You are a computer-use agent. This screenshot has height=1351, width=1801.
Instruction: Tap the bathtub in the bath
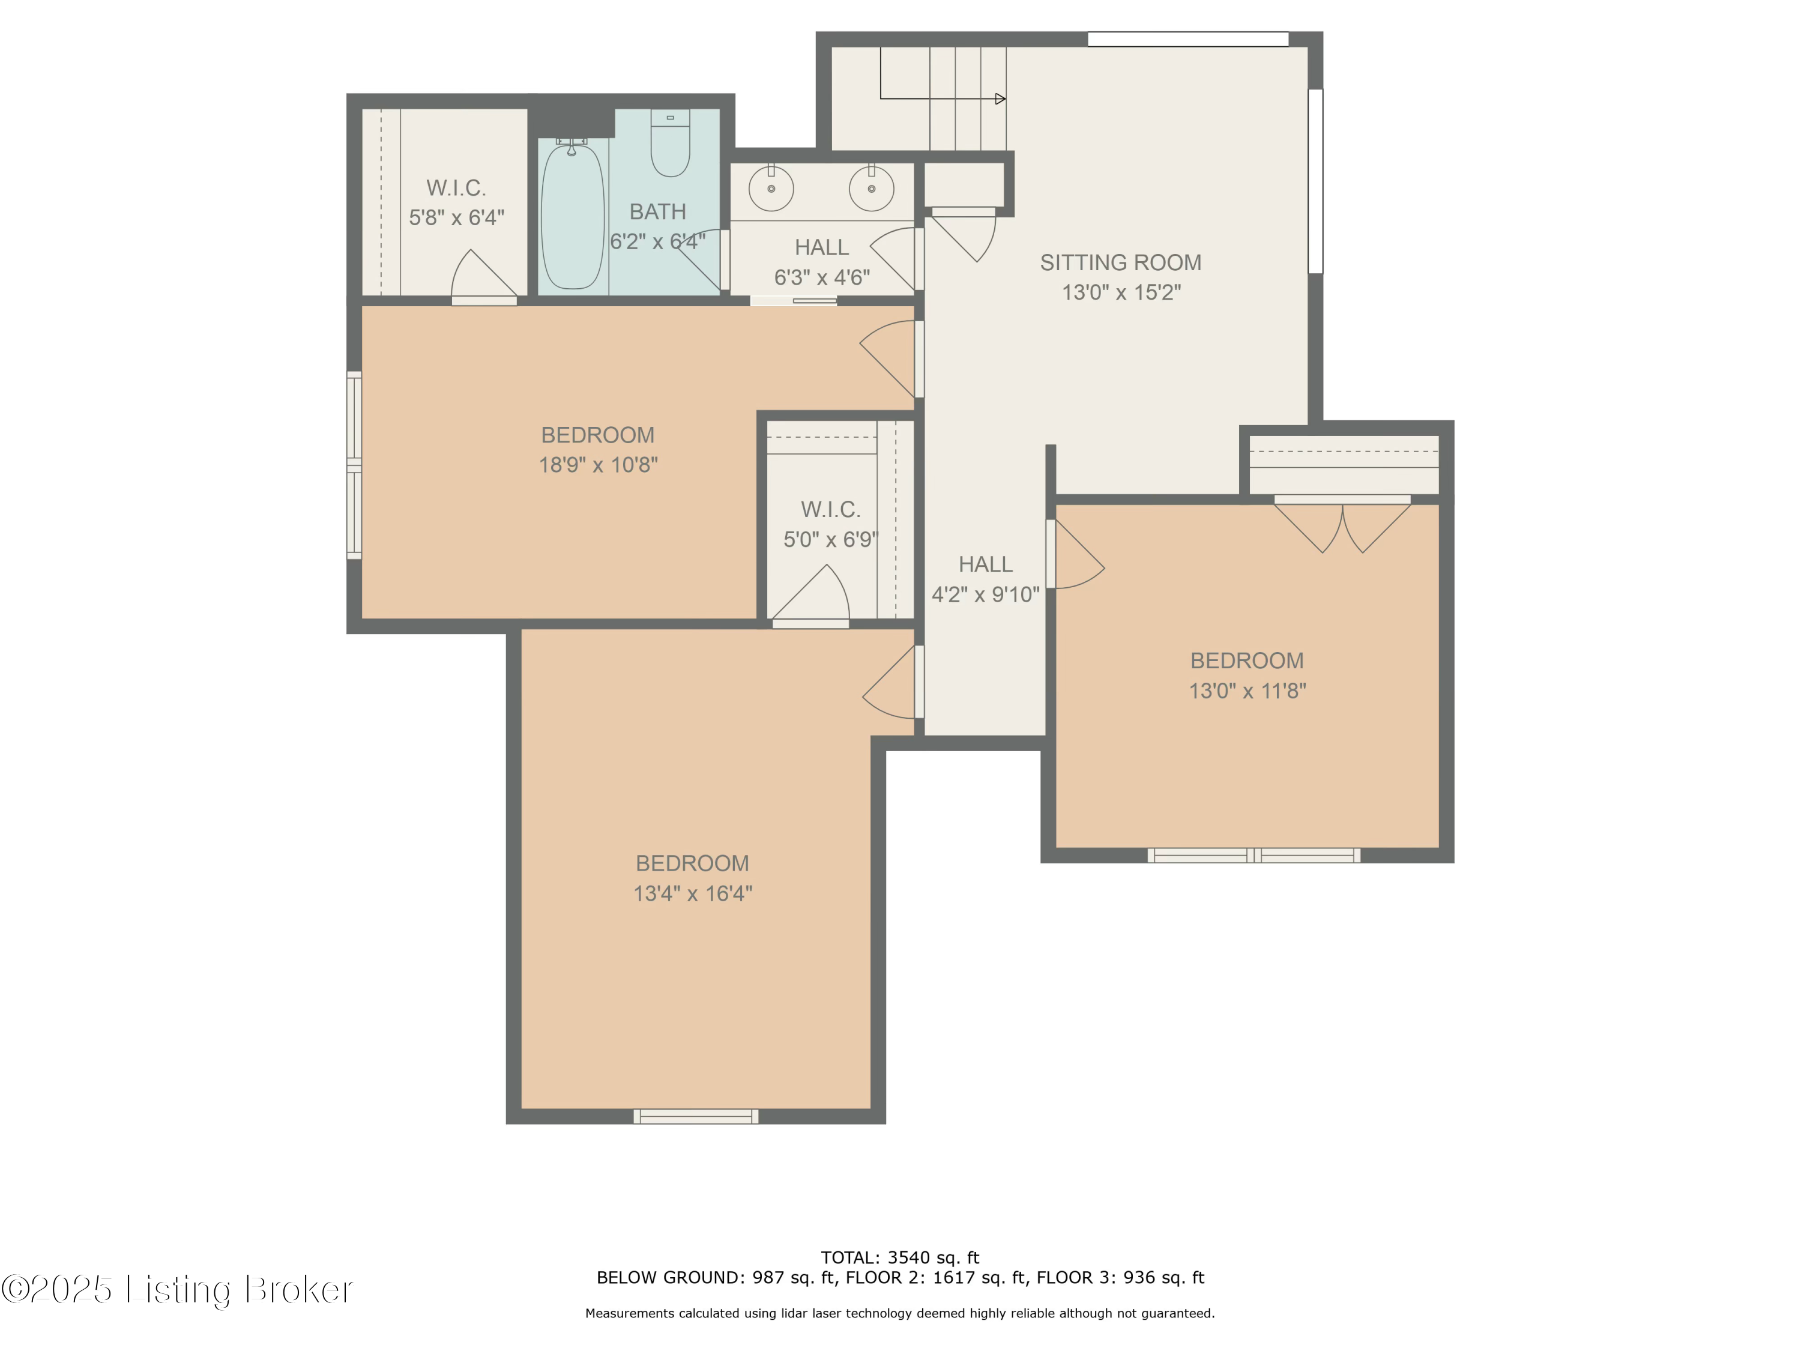click(x=572, y=217)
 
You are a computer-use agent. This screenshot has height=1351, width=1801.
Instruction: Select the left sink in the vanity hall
click(x=770, y=188)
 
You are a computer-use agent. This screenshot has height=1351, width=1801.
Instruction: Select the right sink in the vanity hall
click(x=871, y=188)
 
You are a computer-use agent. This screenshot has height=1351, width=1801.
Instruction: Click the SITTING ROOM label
click(x=1120, y=262)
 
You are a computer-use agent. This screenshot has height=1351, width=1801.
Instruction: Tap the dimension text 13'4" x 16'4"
click(x=692, y=893)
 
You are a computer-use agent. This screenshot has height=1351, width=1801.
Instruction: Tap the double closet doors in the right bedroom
click(x=1342, y=525)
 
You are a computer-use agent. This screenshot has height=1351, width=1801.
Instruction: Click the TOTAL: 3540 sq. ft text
click(x=900, y=1257)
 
